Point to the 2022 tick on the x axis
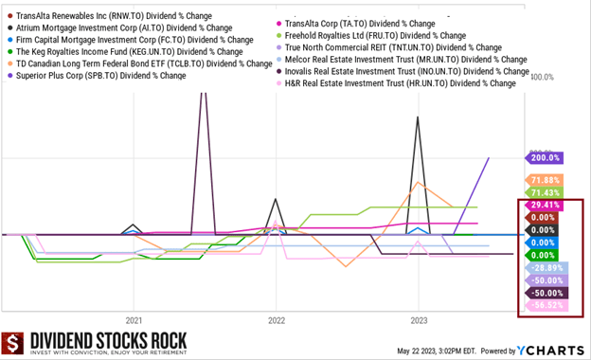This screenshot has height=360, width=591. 276,320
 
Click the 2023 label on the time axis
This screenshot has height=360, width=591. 419,320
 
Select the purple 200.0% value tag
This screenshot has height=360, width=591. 546,158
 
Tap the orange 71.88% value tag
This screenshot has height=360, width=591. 546,180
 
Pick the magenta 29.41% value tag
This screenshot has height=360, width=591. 546,205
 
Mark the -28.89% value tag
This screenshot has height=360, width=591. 546,268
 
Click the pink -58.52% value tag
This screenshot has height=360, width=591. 546,305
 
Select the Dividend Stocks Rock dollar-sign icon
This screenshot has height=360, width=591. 13,344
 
